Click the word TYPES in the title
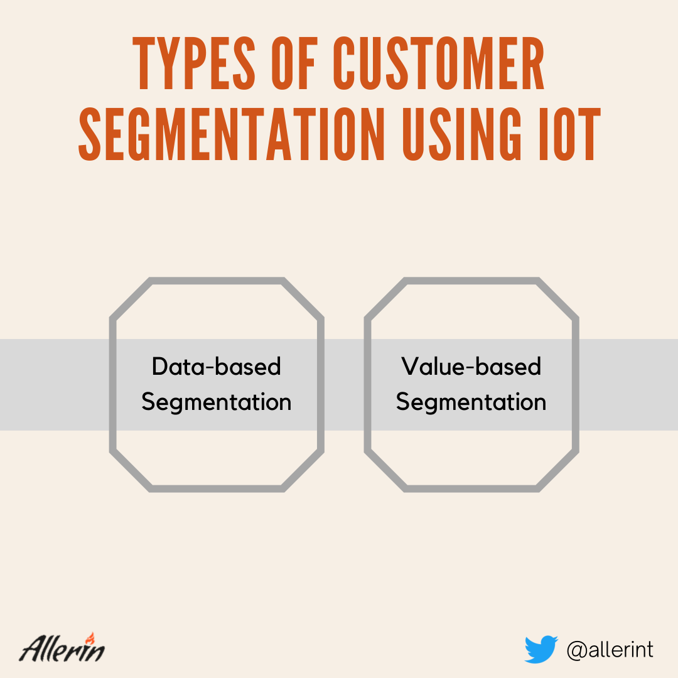click(x=194, y=63)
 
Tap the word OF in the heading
click(x=294, y=63)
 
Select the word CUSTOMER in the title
click(x=439, y=63)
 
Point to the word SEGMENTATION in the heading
click(x=231, y=134)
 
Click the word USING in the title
click(x=462, y=134)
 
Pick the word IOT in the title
click(x=570, y=134)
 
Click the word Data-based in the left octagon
click(x=216, y=367)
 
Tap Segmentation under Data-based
click(x=216, y=402)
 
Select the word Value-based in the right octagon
click(x=471, y=367)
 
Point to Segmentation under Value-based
click(x=471, y=402)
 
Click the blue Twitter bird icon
click(x=541, y=649)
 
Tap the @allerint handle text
click(x=610, y=650)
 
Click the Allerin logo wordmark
click(x=62, y=648)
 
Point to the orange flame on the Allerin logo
click(x=90, y=638)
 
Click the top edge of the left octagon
click(x=216, y=281)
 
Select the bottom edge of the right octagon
click(x=471, y=488)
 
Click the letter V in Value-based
click(x=411, y=366)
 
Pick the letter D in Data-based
click(x=161, y=366)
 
